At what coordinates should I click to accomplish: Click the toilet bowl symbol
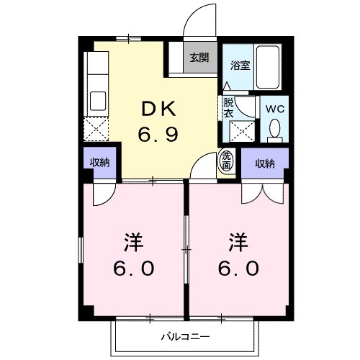point(274,128)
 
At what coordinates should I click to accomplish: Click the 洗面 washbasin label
point(227,161)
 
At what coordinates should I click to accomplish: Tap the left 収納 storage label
point(99,163)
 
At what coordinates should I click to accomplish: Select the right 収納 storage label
point(265,163)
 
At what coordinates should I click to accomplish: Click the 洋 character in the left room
point(133,240)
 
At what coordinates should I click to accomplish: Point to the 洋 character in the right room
point(238,240)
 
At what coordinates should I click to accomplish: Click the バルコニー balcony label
point(185,336)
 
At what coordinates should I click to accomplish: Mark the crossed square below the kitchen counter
point(96,129)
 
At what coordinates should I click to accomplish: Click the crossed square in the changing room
point(239,132)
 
